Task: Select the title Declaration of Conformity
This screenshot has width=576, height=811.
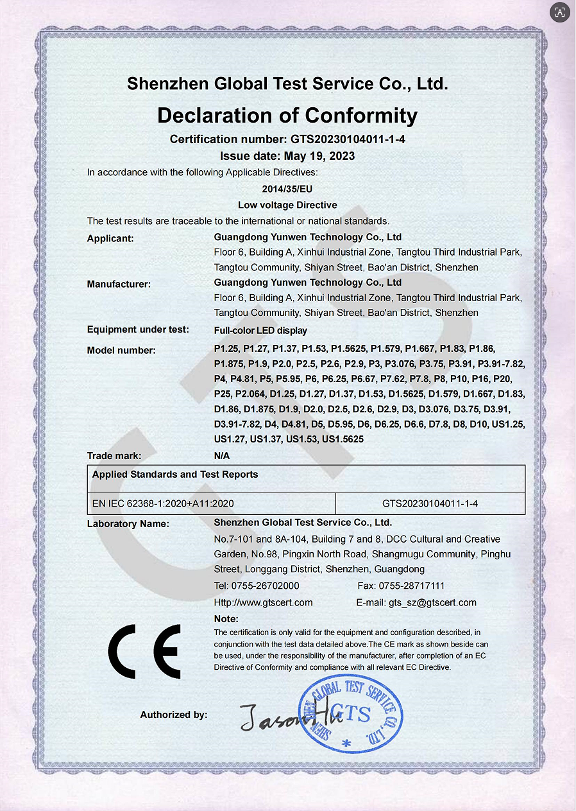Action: pos(287,116)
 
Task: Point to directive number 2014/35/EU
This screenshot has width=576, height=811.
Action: pos(287,189)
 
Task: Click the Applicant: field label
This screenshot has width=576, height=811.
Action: pos(110,239)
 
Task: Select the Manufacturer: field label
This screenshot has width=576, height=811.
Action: pos(119,284)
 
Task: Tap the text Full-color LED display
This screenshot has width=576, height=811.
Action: pos(260,331)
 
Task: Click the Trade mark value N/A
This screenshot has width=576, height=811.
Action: pos(221,456)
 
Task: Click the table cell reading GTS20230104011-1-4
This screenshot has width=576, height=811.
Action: pos(430,503)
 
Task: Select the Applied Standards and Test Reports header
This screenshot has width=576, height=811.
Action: pos(175,475)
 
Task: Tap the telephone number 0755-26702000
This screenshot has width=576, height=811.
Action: pos(267,586)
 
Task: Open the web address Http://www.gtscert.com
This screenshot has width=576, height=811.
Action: pos(263,602)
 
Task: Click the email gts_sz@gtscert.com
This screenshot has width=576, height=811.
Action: pos(432,602)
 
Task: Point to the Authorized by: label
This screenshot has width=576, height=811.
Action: pos(174,715)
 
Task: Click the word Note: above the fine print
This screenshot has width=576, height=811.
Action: pos(226,619)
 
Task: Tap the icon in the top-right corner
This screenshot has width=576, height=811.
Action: pos(560,12)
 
